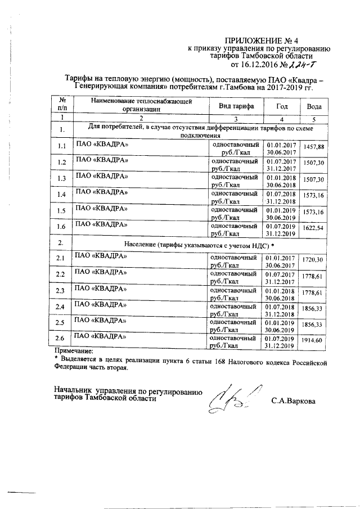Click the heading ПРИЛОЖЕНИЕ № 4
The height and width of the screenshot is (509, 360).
click(x=268, y=40)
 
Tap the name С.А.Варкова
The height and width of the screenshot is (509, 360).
click(x=293, y=401)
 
